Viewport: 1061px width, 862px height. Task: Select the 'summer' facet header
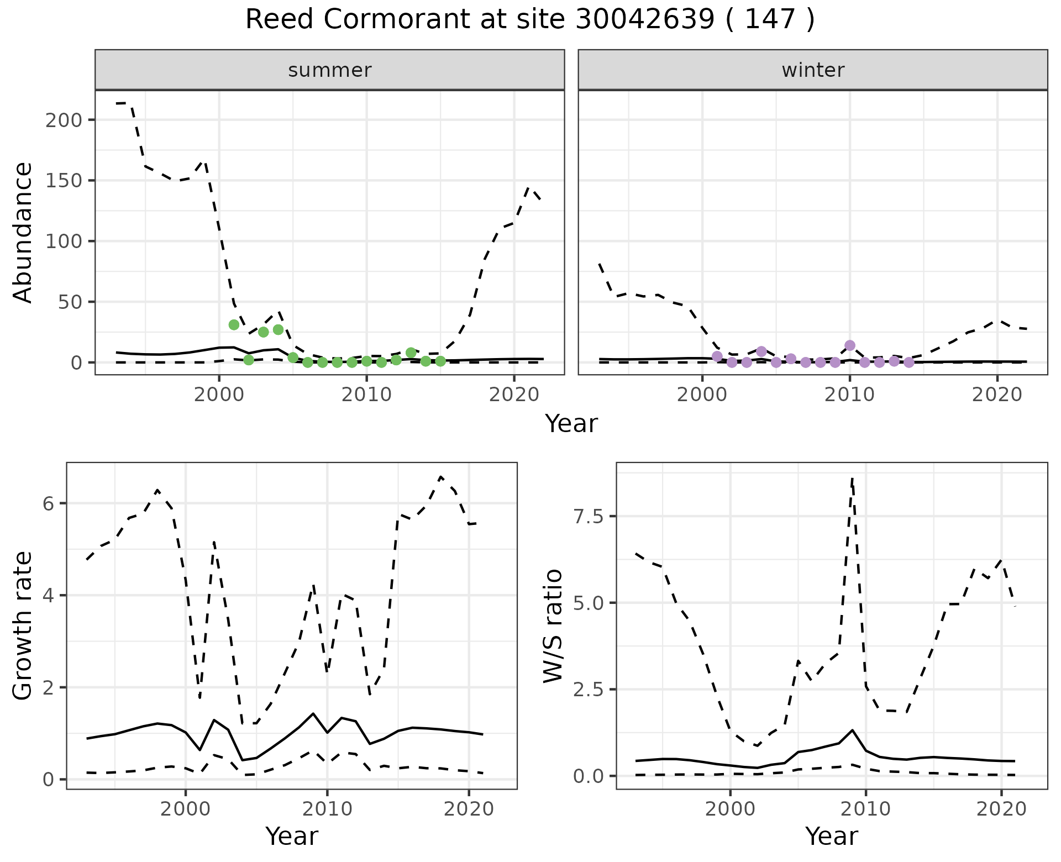pos(330,70)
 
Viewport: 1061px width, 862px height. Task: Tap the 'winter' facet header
pos(813,70)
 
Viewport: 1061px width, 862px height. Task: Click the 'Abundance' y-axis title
pos(23,233)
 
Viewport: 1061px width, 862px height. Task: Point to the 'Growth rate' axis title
pos(23,626)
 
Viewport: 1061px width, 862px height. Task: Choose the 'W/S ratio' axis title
pos(553,626)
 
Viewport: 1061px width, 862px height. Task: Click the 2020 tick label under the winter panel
pos(997,395)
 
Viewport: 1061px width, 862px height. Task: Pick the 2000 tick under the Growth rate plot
pos(186,808)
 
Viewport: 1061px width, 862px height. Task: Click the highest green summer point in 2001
pos(234,325)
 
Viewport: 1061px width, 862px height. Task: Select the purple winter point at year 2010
pos(850,345)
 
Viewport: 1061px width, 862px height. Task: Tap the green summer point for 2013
pos(411,353)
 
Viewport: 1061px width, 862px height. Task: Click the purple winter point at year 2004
pos(761,351)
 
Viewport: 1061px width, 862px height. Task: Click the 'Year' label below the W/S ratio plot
pos(831,836)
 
